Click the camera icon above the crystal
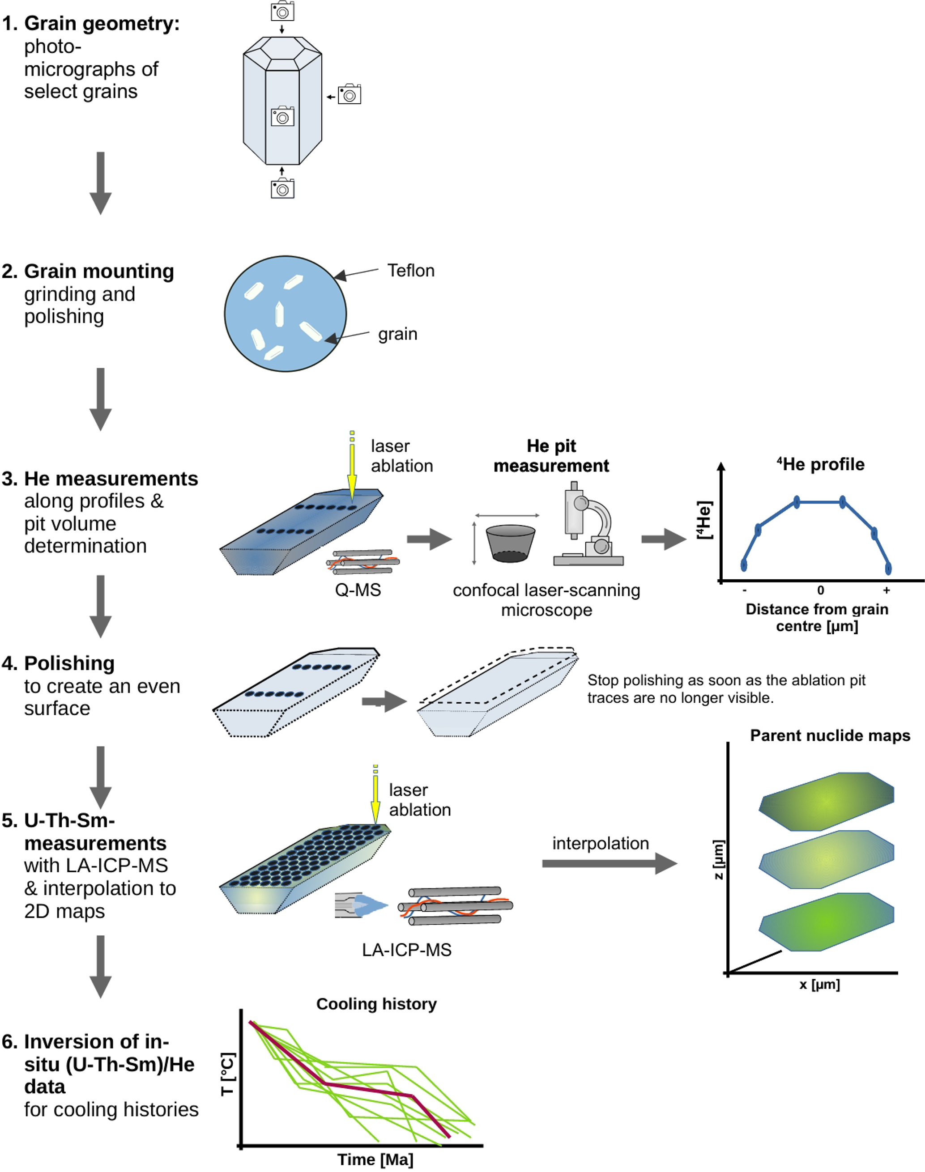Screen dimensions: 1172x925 282,11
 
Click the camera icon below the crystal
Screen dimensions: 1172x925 282,188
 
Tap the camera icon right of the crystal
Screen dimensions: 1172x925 350,94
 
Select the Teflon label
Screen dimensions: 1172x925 410,271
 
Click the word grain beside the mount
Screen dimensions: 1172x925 397,334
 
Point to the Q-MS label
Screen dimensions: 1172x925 358,590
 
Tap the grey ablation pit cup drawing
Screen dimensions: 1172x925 510,543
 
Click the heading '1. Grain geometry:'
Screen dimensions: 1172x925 90,23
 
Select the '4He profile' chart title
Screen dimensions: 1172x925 820,464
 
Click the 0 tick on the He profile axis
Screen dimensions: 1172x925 820,590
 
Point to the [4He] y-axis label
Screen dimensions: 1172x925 704,520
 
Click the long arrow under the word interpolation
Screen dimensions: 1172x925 609,863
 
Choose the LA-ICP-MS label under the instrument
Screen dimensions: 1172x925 407,950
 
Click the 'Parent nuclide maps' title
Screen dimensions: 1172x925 830,735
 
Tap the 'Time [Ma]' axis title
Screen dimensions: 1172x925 375,1159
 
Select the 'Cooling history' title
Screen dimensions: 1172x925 376,1004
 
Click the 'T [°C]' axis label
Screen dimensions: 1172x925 228,1074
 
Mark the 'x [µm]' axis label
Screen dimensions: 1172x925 819,984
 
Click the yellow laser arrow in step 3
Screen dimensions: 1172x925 352,468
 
